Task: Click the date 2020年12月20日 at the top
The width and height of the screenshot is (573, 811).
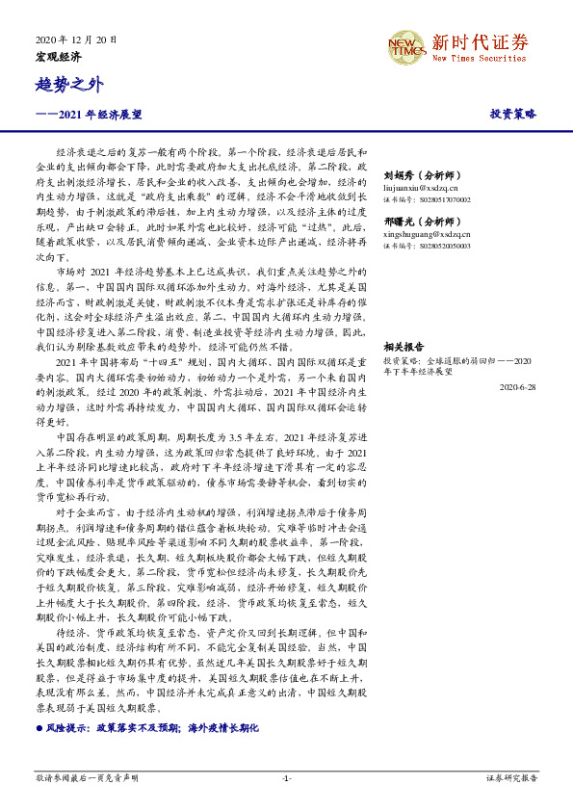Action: click(x=75, y=40)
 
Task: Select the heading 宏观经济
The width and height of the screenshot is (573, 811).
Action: click(x=58, y=57)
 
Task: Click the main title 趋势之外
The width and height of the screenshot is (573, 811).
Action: click(x=68, y=87)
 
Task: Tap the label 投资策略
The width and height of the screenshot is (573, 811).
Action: click(x=512, y=114)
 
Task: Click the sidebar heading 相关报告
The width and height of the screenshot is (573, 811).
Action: click(x=404, y=346)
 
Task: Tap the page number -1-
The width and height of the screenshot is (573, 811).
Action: click(x=286, y=776)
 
